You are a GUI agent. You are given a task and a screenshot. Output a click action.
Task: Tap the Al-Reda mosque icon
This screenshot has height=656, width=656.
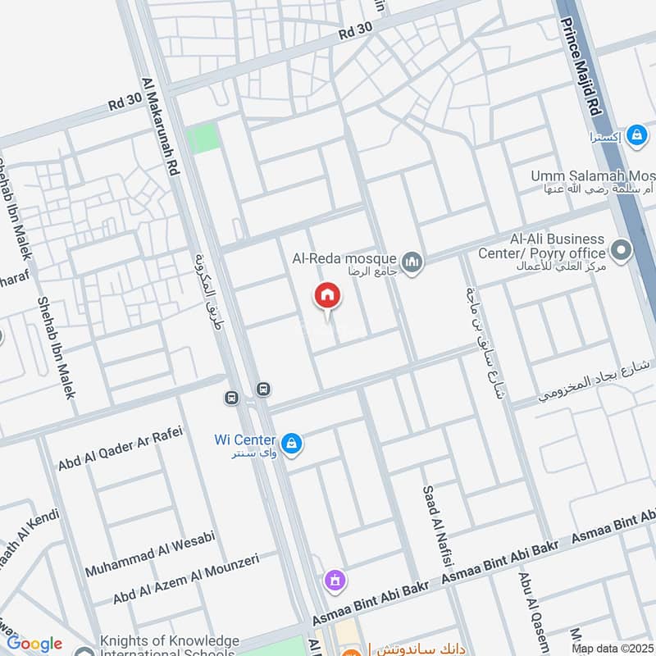412,262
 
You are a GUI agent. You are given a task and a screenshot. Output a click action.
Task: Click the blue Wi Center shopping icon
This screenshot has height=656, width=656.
291,444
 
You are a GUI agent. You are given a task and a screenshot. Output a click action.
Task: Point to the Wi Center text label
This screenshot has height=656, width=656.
244,440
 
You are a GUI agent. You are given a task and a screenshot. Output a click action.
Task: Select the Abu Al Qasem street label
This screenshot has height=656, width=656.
527,608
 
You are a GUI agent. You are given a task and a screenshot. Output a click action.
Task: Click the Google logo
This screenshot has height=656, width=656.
34,644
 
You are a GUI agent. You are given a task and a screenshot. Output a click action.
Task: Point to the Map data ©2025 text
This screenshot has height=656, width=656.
613,648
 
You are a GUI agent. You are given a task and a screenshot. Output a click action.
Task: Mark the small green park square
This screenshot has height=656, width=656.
203,139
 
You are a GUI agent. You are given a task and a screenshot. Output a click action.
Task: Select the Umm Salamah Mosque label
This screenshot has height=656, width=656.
593,176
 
